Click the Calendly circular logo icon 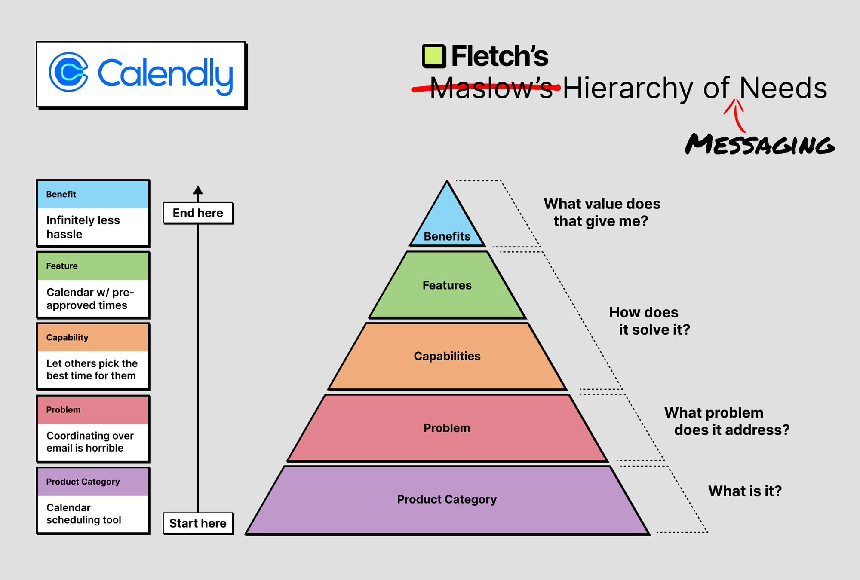click(x=69, y=72)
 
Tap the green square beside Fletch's click(x=433, y=56)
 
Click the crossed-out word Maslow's click(x=491, y=88)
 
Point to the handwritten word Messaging click(x=760, y=144)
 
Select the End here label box click(x=198, y=213)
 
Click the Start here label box click(x=198, y=523)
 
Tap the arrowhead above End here click(x=198, y=190)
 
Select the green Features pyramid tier click(x=447, y=285)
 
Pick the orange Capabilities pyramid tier click(x=447, y=356)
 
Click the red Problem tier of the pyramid click(x=447, y=428)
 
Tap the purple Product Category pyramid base click(x=447, y=500)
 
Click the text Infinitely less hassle click(x=83, y=227)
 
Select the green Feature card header click(x=93, y=266)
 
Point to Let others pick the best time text click(x=92, y=369)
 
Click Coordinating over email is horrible click(x=90, y=442)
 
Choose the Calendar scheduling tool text click(x=84, y=514)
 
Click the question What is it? click(x=745, y=491)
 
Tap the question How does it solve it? click(x=649, y=321)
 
